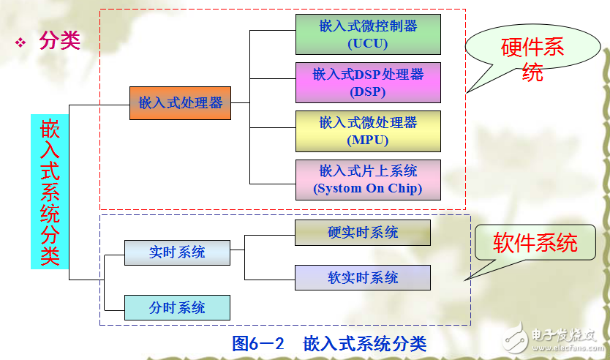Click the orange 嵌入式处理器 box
click(180, 103)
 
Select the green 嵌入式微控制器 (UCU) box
click(368, 34)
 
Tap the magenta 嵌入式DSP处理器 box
click(368, 83)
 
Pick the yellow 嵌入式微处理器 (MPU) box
click(368, 131)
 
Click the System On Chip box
click(368, 180)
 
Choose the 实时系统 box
click(177, 252)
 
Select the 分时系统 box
click(177, 307)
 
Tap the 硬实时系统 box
click(363, 233)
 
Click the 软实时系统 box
click(363, 278)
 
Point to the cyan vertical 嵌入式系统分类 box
click(50, 192)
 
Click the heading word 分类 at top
click(59, 42)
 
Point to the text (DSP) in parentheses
click(368, 91)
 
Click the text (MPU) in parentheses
click(368, 140)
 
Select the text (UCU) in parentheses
click(368, 43)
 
